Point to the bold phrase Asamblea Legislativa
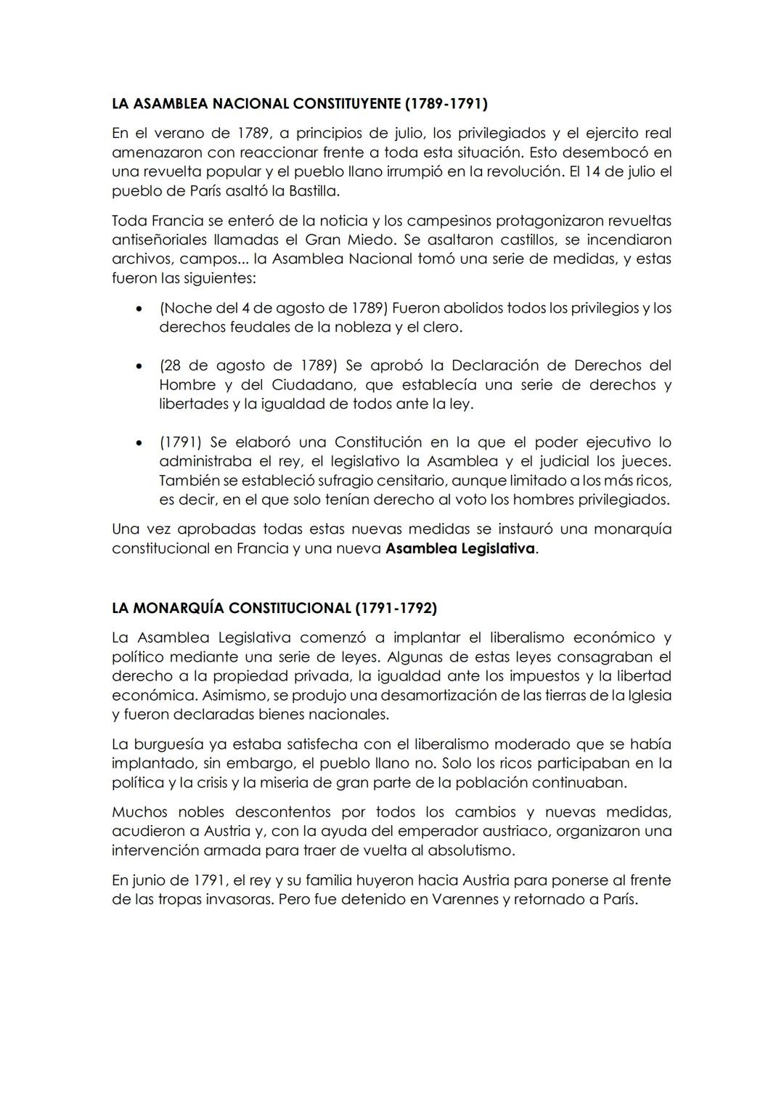pyautogui.click(x=460, y=548)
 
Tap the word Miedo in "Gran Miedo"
pyautogui.click(x=369, y=240)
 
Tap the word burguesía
pyautogui.click(x=170, y=744)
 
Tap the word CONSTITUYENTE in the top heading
pyautogui.click(x=346, y=103)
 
